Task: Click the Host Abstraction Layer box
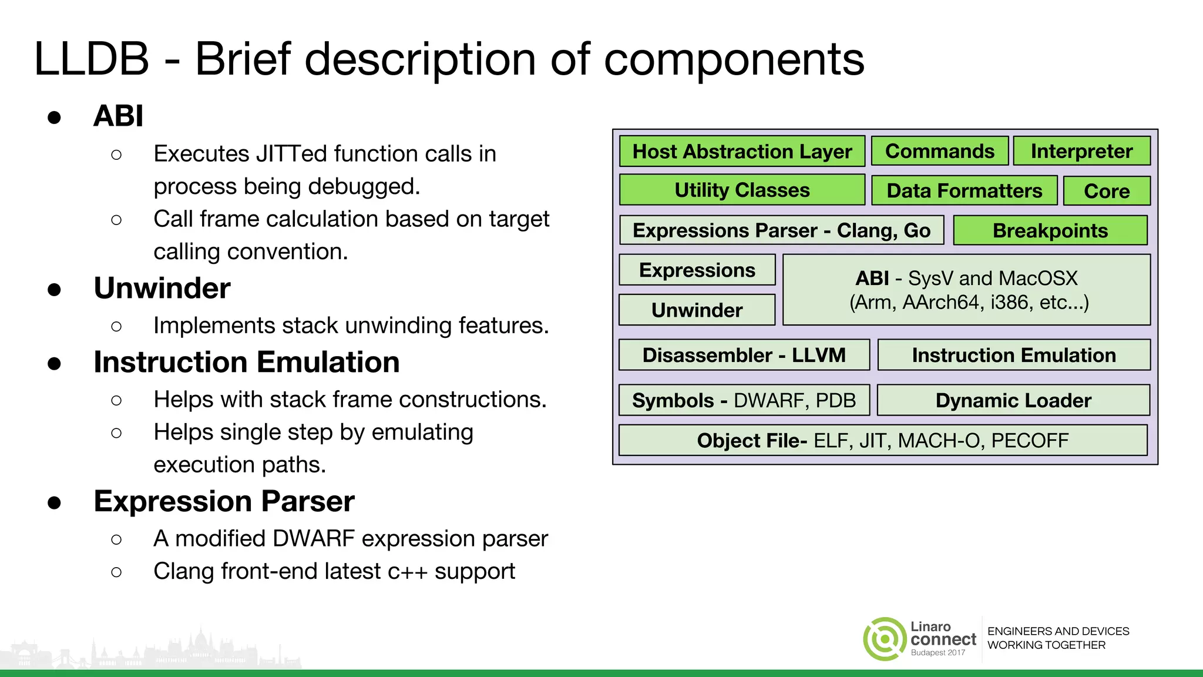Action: point(742,152)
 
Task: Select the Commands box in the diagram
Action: point(939,152)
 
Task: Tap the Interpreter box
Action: point(1081,152)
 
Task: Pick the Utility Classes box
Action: point(742,190)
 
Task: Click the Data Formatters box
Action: point(964,191)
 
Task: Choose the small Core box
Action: point(1107,192)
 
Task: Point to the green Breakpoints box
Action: point(1050,230)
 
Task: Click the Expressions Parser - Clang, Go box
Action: point(781,230)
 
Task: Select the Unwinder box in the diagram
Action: point(697,310)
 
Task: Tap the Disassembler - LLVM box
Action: point(744,356)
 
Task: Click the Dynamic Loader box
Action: point(1013,401)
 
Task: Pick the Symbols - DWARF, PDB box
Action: point(744,401)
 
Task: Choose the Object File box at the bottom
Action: point(882,441)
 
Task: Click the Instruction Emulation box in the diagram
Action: point(1014,356)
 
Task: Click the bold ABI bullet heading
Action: point(118,116)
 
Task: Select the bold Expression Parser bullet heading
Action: point(224,501)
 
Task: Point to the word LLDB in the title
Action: point(92,59)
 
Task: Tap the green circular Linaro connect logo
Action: point(885,639)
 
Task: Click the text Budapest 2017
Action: point(937,653)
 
